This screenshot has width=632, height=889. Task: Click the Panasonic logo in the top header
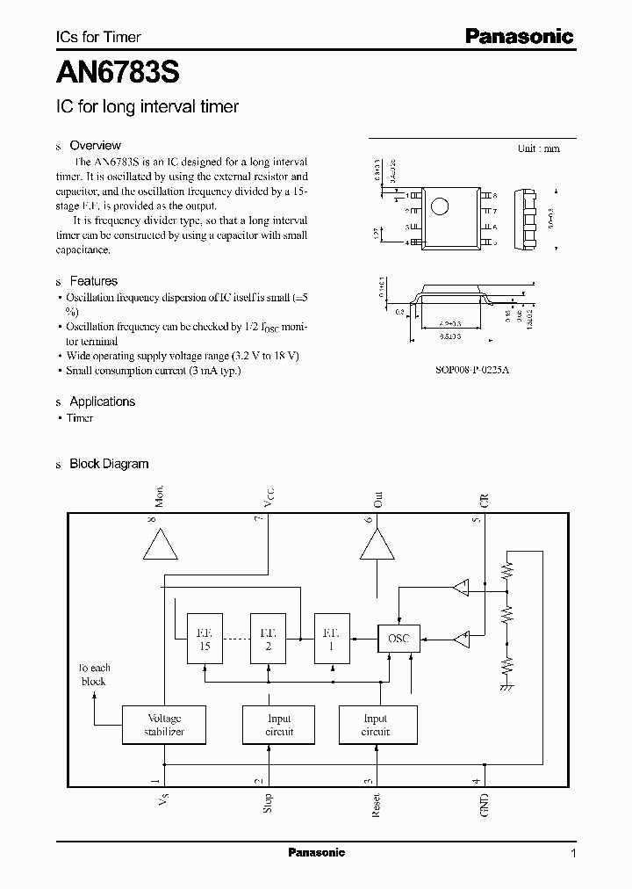[519, 36]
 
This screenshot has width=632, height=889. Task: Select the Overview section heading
[95, 145]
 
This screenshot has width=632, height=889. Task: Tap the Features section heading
[93, 281]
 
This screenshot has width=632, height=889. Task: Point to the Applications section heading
[102, 401]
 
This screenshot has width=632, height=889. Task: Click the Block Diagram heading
[109, 464]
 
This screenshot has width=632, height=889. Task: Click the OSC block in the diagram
[399, 639]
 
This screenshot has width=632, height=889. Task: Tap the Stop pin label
[268, 803]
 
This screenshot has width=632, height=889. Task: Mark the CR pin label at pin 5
[485, 502]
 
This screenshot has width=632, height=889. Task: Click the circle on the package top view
[442, 207]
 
